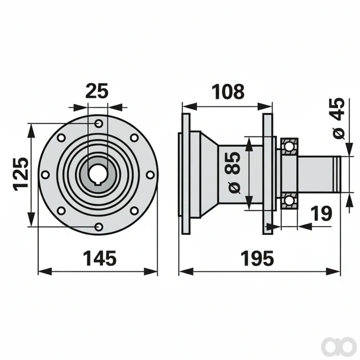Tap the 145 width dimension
coord(100,259)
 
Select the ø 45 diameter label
coord(338,118)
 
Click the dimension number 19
coord(322,214)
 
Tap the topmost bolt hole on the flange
coord(98,123)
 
